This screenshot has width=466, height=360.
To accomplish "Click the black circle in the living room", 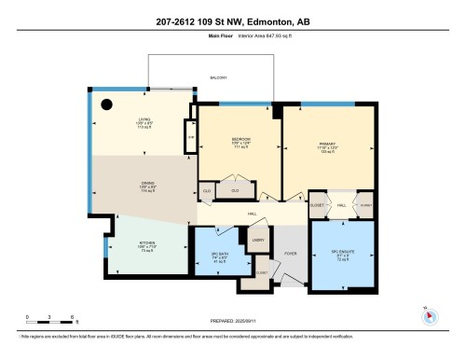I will point(108,104).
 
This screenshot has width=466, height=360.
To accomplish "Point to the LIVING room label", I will point(144,119).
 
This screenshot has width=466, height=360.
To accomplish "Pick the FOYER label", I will point(290,252).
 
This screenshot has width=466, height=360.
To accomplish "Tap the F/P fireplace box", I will point(190,137).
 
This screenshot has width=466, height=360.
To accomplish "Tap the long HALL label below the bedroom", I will point(253,215).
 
